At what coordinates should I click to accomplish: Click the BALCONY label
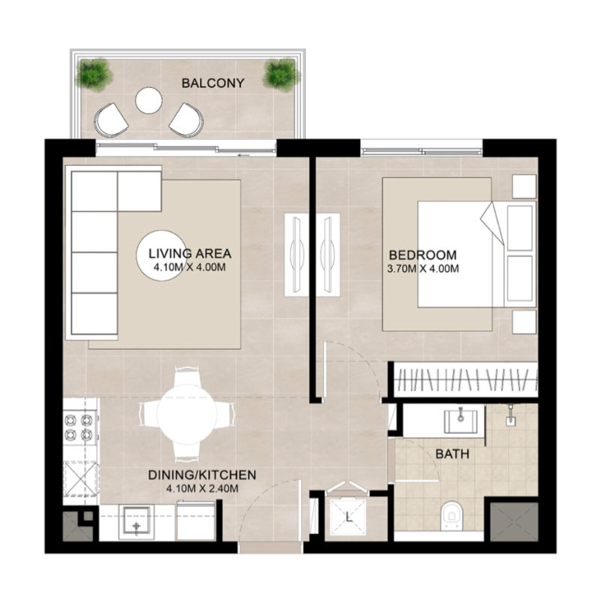coord(213,83)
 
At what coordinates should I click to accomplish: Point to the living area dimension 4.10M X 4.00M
coord(189,266)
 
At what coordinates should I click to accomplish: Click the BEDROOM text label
coord(422,253)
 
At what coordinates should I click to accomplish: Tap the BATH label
coord(452,455)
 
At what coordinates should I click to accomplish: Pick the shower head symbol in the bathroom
coord(512,416)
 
